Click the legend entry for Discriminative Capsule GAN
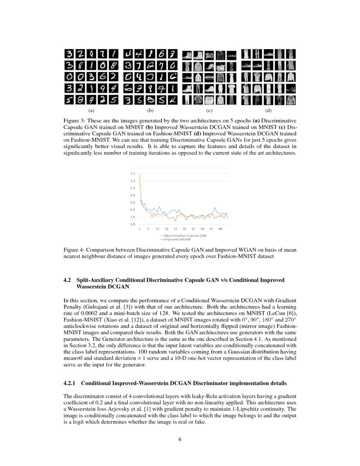(185, 235)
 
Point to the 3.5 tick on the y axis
(133, 174)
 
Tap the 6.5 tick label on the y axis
(133, 225)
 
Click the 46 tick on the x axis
(220, 229)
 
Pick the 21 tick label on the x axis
(175, 229)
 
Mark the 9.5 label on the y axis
(133, 202)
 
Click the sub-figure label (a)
(91, 111)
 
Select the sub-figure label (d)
(268, 111)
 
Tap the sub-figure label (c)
(209, 111)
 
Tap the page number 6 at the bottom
(180, 439)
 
